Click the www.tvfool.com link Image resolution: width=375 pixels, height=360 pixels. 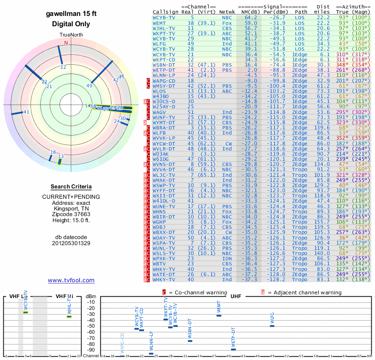(71, 280)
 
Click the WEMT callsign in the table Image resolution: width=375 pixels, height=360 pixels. (159, 22)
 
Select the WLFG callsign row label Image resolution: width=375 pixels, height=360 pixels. (159, 43)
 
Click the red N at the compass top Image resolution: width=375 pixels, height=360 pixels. (66, 43)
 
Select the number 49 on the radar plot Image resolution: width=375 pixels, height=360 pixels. (90, 86)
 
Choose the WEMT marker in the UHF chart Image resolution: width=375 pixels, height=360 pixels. (218, 315)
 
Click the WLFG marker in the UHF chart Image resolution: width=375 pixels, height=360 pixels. (272, 326)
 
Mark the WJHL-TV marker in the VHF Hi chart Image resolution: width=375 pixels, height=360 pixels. (69, 316)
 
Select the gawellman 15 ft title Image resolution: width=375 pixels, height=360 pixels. (71, 14)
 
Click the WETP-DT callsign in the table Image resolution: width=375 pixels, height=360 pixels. (163, 69)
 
